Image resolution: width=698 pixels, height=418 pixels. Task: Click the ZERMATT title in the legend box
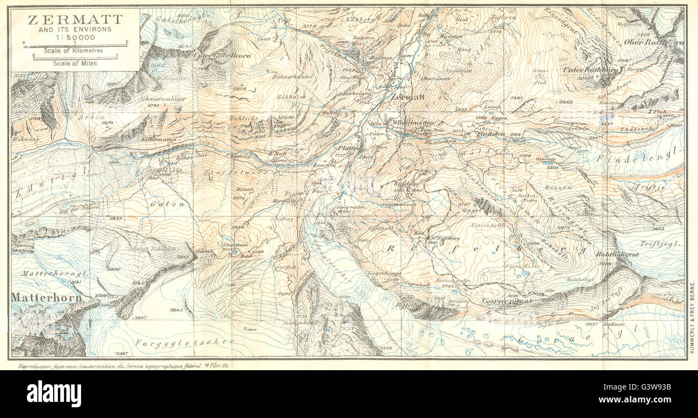[x=75, y=20]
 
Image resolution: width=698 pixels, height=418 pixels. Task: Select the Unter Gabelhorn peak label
[x=214, y=54]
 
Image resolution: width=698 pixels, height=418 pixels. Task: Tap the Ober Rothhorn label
[x=653, y=41]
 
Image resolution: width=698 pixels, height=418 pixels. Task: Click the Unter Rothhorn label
[x=588, y=70]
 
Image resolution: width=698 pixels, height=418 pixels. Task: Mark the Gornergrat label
[x=506, y=301]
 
